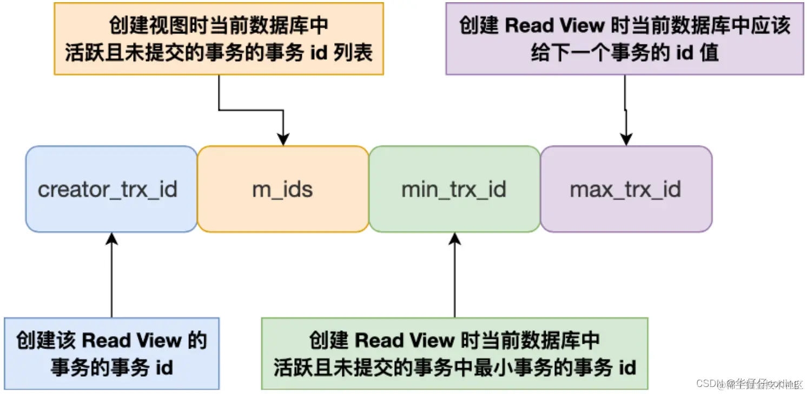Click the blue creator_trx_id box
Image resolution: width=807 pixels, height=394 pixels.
pyautogui.click(x=111, y=189)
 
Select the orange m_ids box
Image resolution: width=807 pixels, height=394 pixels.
pyautogui.click(x=282, y=189)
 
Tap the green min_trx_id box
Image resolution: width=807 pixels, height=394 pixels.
pyautogui.click(x=454, y=189)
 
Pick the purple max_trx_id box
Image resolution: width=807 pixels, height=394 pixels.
pyautogui.click(x=626, y=189)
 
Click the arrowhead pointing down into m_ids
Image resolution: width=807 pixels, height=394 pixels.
pyautogui.click(x=283, y=139)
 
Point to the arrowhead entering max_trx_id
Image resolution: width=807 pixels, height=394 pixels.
pyautogui.click(x=626, y=139)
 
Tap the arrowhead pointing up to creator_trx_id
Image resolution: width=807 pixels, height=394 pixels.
pyautogui.click(x=111, y=239)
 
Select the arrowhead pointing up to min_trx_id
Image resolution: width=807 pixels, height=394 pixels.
pyautogui.click(x=454, y=239)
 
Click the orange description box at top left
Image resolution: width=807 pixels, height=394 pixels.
pyautogui.click(x=219, y=39)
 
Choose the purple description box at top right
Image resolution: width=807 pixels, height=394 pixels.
pyautogui.click(x=625, y=39)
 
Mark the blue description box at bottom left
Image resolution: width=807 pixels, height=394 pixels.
pyautogui.click(x=111, y=353)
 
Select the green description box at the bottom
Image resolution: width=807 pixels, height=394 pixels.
pyautogui.click(x=454, y=353)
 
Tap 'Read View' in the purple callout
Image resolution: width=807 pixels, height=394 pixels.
pyautogui.click(x=562, y=25)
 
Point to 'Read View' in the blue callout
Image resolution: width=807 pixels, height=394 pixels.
pyautogui.click(x=131, y=340)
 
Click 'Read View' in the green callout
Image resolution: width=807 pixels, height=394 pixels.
pyautogui.click(x=404, y=340)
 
